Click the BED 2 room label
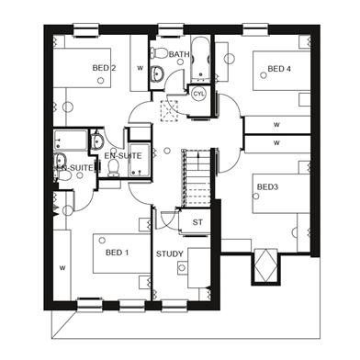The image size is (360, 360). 104,68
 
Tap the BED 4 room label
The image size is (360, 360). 279,69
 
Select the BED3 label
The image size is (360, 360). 267,186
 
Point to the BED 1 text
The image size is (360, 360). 117,253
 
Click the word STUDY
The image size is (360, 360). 170,253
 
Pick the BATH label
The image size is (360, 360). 179,54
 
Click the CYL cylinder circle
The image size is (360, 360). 198,94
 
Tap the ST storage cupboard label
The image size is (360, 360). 197,222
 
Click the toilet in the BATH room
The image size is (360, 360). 158,53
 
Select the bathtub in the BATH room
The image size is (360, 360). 200,58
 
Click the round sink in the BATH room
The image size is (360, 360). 157,73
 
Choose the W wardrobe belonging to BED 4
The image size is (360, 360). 277,125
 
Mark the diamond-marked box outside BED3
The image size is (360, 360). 266,265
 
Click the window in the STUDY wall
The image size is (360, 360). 174,305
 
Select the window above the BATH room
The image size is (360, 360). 171,30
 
